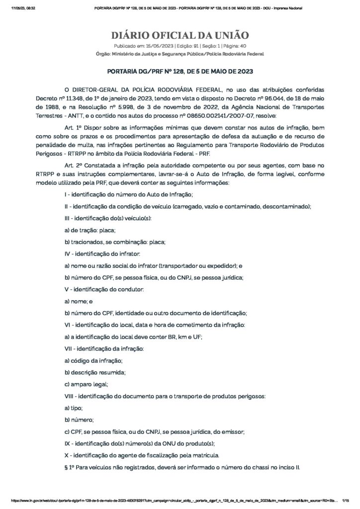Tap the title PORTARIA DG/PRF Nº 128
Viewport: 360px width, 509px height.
pyautogui.click(x=180, y=72)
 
